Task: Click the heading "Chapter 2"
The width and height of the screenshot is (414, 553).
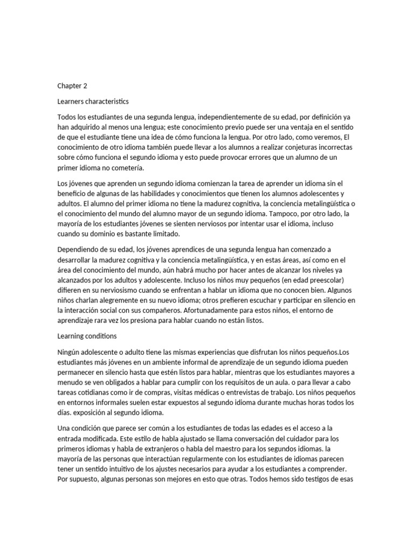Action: pos(72,85)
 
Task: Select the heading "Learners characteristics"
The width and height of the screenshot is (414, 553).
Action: pos(93,101)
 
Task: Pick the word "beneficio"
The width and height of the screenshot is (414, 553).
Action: pos(74,193)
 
